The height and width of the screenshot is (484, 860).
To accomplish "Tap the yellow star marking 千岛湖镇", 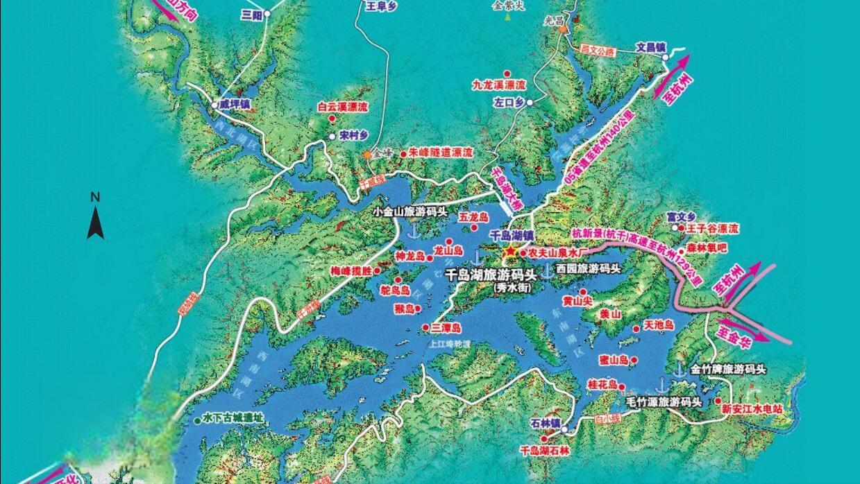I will (511, 251).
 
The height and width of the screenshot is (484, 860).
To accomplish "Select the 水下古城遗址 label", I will (233, 419).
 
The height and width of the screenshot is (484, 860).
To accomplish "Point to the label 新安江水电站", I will (752, 409).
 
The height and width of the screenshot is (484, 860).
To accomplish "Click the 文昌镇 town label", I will (651, 48).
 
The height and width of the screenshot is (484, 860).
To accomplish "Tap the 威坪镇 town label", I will (235, 104).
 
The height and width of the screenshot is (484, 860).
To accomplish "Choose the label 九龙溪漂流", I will (498, 85).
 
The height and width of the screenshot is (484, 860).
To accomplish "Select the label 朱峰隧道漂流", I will (440, 152).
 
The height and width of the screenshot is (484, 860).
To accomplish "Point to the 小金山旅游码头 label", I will (410, 211).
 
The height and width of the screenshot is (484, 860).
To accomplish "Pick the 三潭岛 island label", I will (446, 328).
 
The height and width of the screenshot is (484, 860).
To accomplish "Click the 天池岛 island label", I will (659, 325).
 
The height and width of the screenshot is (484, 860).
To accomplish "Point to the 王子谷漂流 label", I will (713, 228).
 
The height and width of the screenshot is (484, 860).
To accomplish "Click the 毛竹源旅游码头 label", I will (664, 401).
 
